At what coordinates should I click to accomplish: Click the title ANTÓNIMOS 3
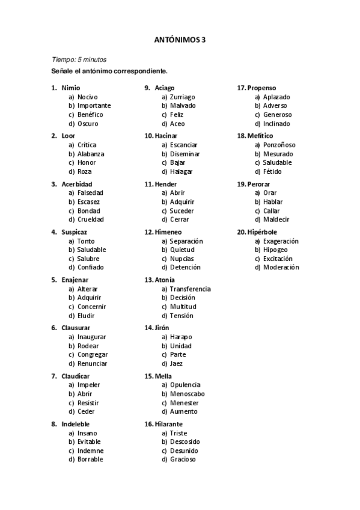180,40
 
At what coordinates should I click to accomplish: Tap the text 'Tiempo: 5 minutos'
79,60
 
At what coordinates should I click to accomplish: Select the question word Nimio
70,88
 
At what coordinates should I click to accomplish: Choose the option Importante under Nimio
94,106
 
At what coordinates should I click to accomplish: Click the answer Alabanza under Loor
91,154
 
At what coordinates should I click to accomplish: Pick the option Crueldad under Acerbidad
90,220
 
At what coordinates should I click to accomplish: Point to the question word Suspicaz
74,232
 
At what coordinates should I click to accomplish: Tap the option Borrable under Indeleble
90,459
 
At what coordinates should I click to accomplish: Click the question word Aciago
165,88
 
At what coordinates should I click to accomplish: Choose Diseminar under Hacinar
185,154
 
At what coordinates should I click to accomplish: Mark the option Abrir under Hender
177,193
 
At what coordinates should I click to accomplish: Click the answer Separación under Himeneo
186,241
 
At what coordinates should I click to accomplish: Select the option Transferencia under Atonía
190,289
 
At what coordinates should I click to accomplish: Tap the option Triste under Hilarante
178,433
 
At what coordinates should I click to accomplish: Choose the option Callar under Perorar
271,211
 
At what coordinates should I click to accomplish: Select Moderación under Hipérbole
281,268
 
